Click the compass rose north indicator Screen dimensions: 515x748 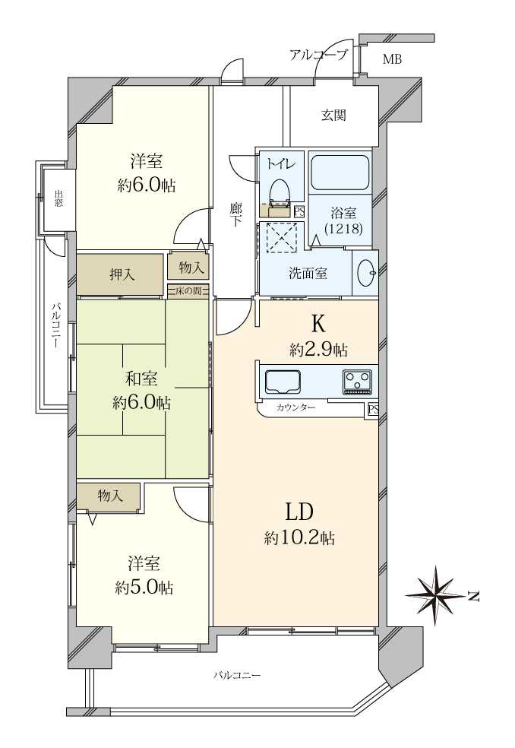pos(436,595)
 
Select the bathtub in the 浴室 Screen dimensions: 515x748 pos(340,171)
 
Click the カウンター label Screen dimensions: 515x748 pos(295,408)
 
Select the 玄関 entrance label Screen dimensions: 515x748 pos(333,115)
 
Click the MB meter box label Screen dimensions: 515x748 pos(393,59)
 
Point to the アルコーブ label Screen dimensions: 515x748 pos(318,55)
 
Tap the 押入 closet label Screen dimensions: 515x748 pos(122,274)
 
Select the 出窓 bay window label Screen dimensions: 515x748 pos(58,198)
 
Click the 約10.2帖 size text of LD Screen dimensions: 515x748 pos(299,539)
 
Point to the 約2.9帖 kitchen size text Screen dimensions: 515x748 pos(318,350)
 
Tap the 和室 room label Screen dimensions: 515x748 pos(141,379)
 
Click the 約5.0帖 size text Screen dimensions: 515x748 pos(144,588)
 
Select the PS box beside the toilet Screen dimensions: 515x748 pos(299,211)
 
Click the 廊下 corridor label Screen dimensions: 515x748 pos(235,215)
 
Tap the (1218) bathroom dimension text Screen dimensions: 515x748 pos(344,229)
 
